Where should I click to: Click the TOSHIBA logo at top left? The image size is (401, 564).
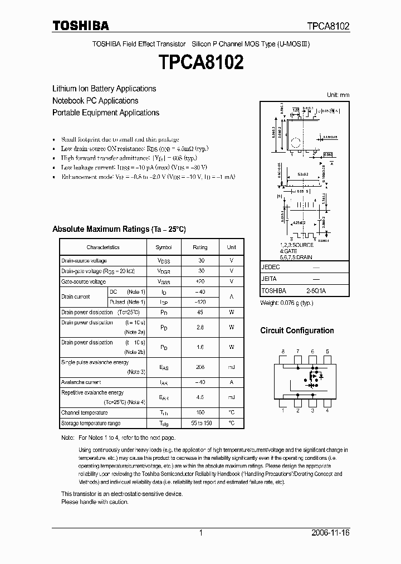tap(81, 26)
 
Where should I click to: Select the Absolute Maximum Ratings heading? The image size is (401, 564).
tap(119, 229)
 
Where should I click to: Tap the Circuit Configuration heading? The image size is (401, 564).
tap(297, 330)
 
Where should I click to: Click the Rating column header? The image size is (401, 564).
tap(200, 247)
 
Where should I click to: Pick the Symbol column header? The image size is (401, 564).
tap(164, 247)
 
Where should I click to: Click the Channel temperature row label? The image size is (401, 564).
tap(84, 412)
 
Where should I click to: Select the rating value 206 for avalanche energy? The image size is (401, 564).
tap(200, 367)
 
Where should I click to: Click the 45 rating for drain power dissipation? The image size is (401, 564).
tap(200, 313)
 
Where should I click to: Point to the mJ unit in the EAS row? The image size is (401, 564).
tap(231, 367)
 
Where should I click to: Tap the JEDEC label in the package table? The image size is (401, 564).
tap(270, 267)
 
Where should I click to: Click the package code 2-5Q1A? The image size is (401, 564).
tap(316, 291)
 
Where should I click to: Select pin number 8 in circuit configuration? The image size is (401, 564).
tap(283, 352)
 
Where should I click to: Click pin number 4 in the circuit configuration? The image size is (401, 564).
tap(327, 411)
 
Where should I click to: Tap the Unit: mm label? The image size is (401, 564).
tap(338, 95)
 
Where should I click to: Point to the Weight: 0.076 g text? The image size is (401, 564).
tap(287, 303)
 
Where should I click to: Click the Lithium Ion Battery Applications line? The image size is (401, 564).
tap(104, 89)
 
